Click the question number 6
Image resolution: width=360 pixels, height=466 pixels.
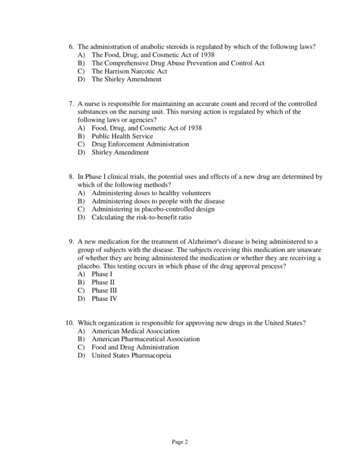pos(71,47)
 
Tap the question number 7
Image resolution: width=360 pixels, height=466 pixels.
pos(71,104)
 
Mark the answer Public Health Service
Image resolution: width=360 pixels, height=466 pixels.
pos(122,136)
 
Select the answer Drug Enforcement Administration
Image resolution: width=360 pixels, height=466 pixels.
pos(140,144)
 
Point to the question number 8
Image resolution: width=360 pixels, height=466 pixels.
pos(71,177)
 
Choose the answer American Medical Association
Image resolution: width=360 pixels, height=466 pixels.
pos(135,331)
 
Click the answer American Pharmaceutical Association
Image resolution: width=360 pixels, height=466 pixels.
pos(146,339)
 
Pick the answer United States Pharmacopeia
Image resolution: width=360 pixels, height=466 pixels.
pos(131,355)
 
